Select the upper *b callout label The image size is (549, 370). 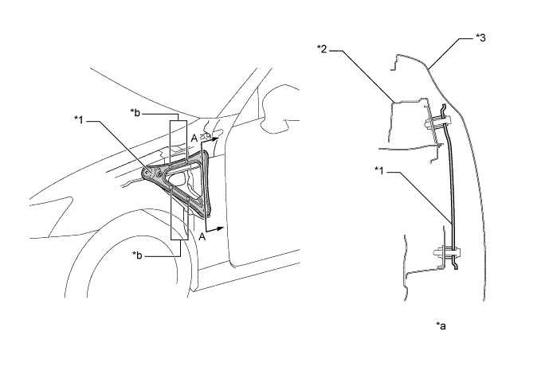click(136, 114)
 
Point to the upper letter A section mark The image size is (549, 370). click(194, 138)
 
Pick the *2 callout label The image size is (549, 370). click(323, 49)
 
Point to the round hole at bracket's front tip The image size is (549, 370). click(148, 170)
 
